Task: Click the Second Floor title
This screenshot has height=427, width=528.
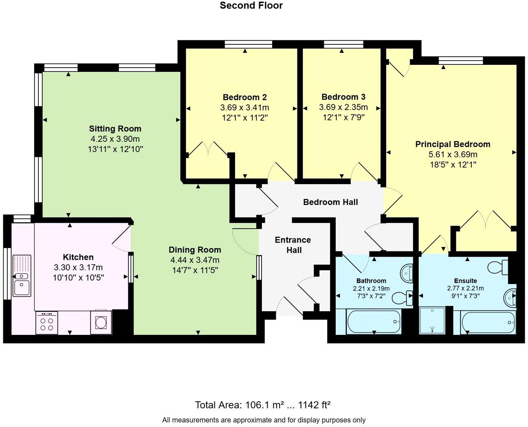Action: click(x=251, y=6)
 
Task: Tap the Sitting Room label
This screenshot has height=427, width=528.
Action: click(x=115, y=129)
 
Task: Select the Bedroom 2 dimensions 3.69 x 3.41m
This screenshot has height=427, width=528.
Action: click(x=244, y=108)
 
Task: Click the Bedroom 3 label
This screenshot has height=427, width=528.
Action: click(x=343, y=97)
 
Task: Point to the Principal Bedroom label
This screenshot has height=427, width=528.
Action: click(x=453, y=144)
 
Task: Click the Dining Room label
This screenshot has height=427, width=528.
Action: click(x=195, y=250)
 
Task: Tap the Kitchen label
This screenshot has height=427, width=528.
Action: click(x=78, y=257)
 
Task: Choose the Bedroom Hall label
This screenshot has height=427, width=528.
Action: click(x=330, y=202)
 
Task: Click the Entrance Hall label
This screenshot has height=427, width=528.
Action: click(x=293, y=245)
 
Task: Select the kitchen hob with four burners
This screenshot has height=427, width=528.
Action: click(x=46, y=323)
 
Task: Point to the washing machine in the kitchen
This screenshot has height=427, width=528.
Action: click(x=101, y=322)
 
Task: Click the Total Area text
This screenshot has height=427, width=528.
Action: click(x=263, y=405)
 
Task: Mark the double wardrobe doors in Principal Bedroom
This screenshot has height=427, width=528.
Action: click(x=485, y=220)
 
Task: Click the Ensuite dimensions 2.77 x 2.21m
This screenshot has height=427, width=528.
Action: click(x=465, y=288)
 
